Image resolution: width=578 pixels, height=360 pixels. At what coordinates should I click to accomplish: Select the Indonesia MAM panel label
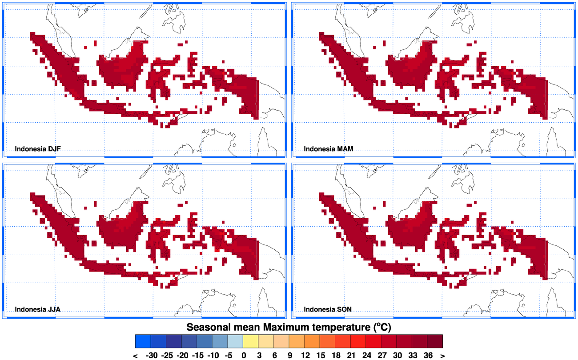tap(329, 149)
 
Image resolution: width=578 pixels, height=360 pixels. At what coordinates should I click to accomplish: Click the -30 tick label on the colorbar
tap(151, 355)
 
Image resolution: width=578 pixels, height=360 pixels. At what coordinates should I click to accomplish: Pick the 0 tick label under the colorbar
tap(243, 355)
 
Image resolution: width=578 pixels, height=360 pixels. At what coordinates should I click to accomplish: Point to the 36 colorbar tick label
tap(428, 355)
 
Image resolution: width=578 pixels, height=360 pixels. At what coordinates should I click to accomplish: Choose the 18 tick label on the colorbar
tap(335, 355)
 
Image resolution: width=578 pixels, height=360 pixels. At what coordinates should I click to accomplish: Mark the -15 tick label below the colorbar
tap(197, 355)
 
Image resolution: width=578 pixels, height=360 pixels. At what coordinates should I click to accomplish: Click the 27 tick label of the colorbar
tap(381, 355)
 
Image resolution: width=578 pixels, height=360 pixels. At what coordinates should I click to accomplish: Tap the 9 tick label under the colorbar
tap(289, 355)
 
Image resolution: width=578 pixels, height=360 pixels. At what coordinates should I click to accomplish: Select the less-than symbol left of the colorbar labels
tap(136, 355)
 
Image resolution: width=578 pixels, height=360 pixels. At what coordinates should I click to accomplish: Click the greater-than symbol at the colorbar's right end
tap(442, 355)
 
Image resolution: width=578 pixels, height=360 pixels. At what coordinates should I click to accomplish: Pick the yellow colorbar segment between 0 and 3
tap(251, 341)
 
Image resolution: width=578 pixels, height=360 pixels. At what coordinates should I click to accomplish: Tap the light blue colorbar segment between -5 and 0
tap(235, 341)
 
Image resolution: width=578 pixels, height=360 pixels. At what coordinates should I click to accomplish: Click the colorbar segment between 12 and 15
tap(313, 341)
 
